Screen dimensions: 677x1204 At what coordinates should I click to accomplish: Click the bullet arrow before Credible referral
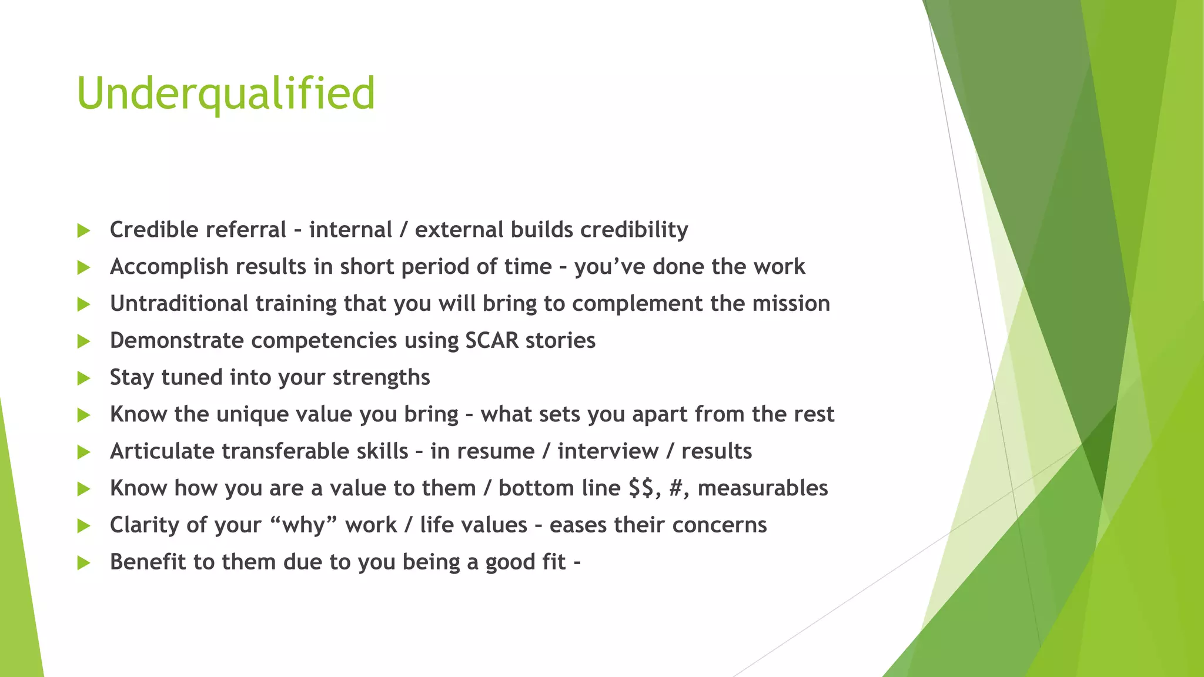[83, 231]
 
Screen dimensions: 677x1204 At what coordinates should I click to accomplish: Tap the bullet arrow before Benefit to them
[83, 564]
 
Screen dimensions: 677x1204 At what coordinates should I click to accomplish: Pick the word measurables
[762, 488]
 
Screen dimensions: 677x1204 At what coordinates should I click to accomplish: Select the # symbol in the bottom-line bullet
[677, 488]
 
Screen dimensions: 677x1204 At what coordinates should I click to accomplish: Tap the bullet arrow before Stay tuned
[83, 378]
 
